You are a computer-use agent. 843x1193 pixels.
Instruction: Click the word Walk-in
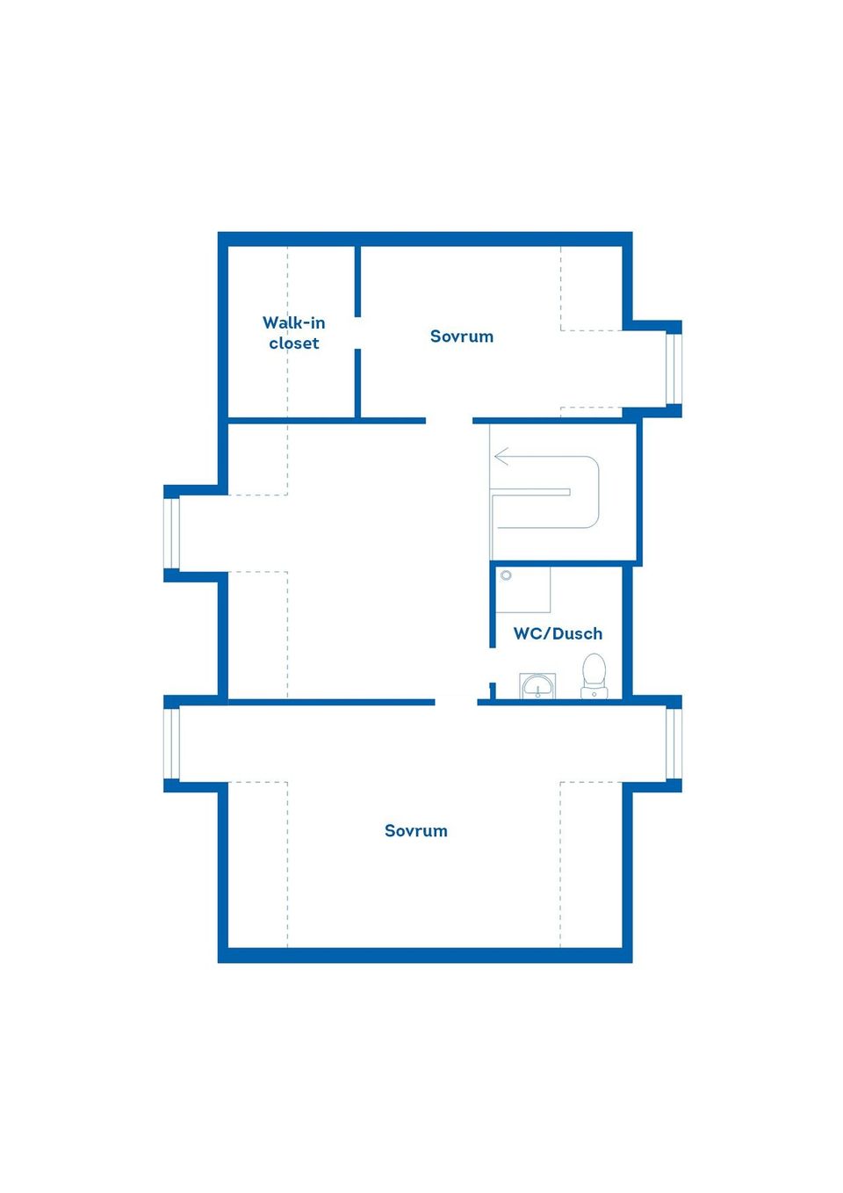tap(293, 322)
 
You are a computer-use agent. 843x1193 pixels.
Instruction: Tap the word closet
tap(294, 343)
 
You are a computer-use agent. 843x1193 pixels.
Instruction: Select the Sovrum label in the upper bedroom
tap(461, 336)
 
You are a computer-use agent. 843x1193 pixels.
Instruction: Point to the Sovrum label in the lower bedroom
tap(415, 830)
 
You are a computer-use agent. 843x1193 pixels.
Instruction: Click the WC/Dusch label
tap(558, 633)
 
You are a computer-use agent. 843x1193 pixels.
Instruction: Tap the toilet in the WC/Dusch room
tap(594, 676)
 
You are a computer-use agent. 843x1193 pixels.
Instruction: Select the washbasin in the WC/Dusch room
tap(537, 685)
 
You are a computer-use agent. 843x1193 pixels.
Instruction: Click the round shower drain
tap(506, 575)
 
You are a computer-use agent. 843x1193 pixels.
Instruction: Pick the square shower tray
tap(522, 589)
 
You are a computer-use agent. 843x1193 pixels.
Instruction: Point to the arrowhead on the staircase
tap(501, 457)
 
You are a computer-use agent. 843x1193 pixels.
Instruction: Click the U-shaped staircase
tap(545, 492)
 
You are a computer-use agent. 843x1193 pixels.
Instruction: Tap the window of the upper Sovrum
tap(674, 368)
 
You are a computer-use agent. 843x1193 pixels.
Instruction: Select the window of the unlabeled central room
tap(171, 533)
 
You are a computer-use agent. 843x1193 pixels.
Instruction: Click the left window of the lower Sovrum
tap(171, 744)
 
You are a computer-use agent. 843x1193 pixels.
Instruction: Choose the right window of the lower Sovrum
tap(674, 744)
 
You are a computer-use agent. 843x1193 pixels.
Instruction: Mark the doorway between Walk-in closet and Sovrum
tap(357, 334)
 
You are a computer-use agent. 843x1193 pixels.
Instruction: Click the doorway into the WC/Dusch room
tap(493, 665)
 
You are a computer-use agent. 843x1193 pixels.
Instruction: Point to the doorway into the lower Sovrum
tap(456, 703)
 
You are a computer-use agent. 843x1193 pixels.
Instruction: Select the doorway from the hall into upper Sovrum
tap(450, 421)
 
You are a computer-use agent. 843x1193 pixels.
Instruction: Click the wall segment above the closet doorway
tap(357, 281)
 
